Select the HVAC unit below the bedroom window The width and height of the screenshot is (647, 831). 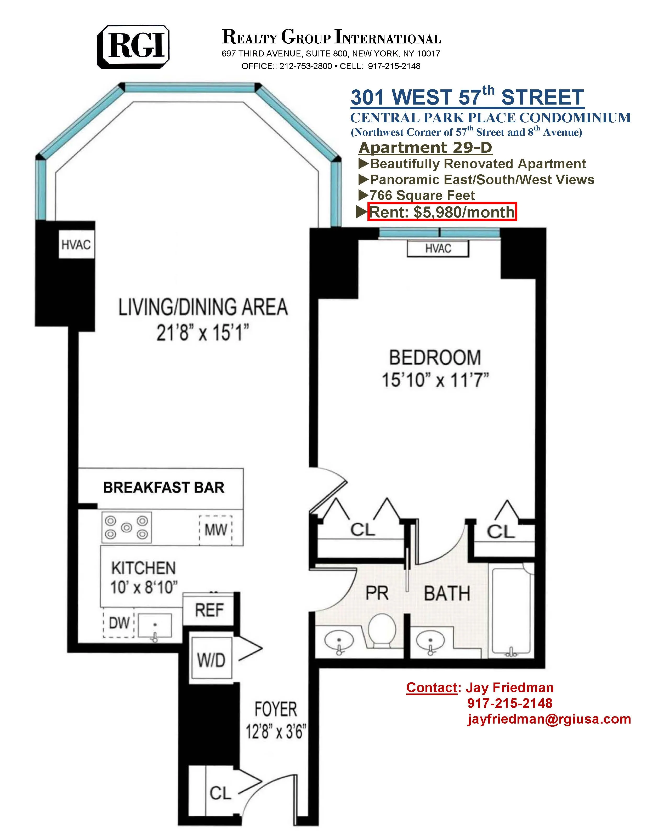pyautogui.click(x=438, y=249)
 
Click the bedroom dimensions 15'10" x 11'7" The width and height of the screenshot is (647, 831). pyautogui.click(x=435, y=380)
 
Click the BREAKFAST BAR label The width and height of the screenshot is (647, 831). pyautogui.click(x=164, y=488)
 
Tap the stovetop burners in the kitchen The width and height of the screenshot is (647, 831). pyautogui.click(x=126, y=527)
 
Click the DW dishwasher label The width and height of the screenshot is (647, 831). pyautogui.click(x=119, y=623)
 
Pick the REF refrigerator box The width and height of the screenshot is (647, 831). pyautogui.click(x=209, y=610)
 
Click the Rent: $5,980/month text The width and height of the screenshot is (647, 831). pyautogui.click(x=442, y=212)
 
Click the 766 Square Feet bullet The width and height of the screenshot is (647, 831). pyautogui.click(x=422, y=195)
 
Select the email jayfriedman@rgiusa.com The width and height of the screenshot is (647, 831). pyautogui.click(x=549, y=719)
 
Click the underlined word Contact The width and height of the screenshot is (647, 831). pyautogui.click(x=431, y=687)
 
